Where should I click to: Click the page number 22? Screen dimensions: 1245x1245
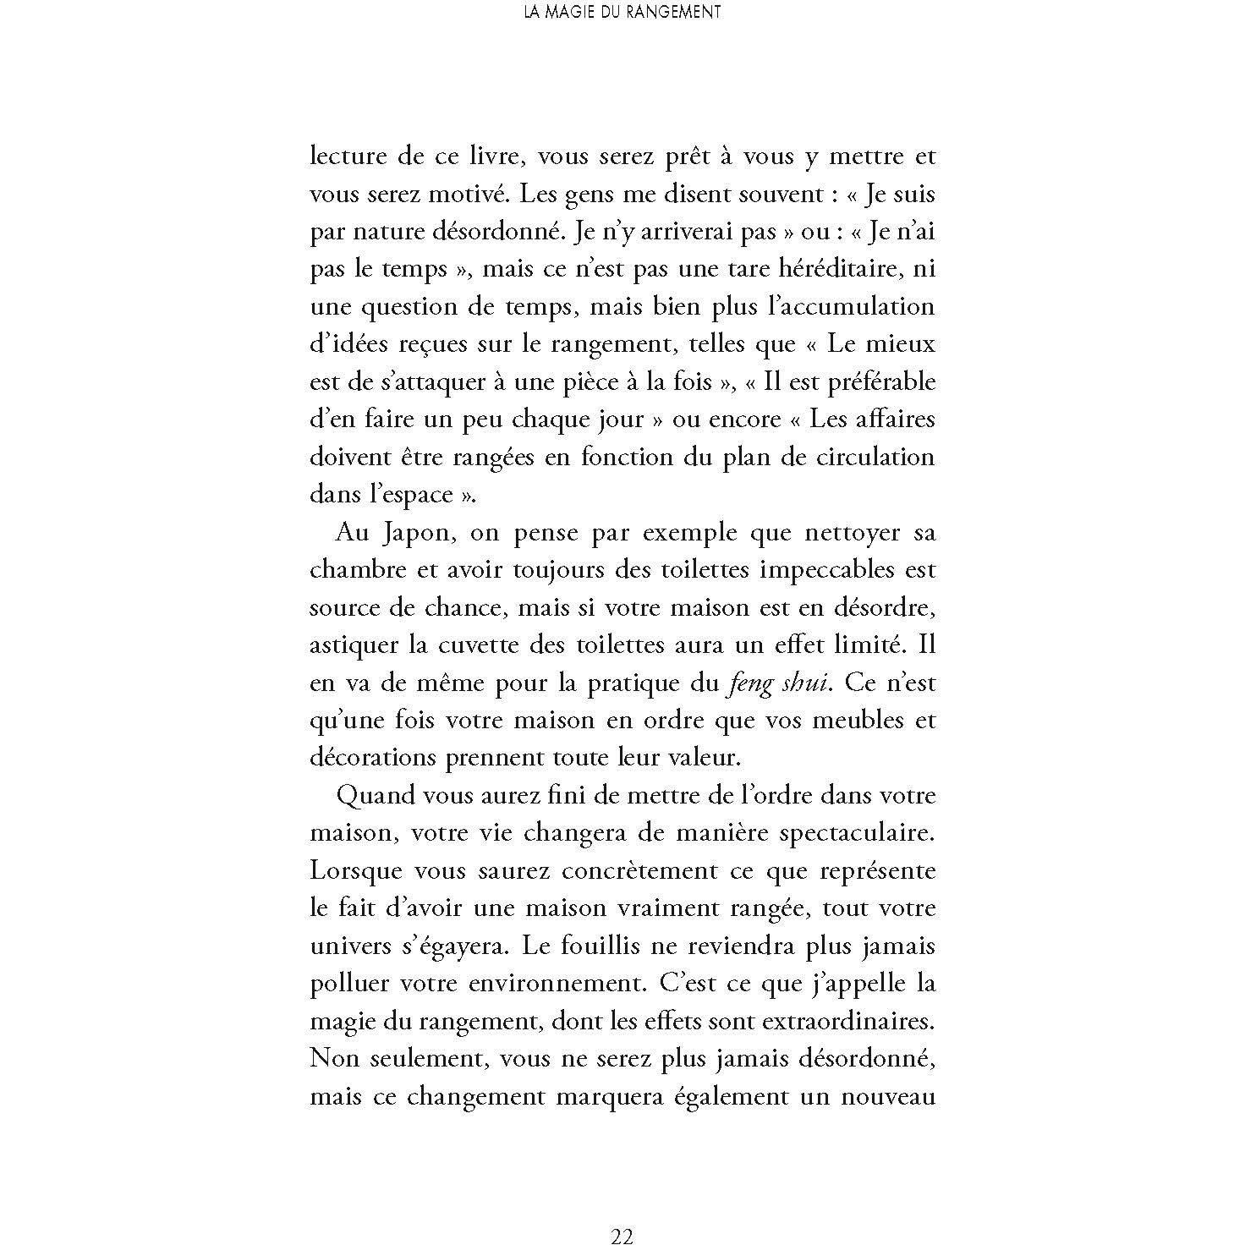622,1213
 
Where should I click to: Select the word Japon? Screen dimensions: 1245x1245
404,534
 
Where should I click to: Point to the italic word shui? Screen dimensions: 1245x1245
803,683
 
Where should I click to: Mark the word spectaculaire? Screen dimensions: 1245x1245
845,833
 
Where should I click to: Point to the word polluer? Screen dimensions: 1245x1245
353,984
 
